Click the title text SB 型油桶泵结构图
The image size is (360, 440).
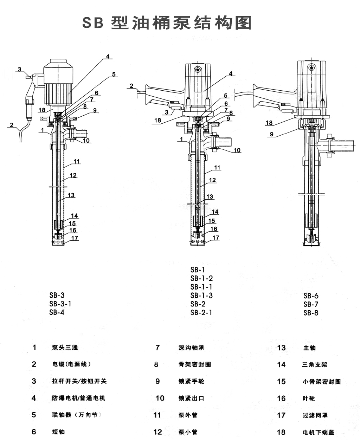pos(167,23)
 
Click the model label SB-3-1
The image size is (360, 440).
pos(60,304)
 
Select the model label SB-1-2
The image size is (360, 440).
pos(201,278)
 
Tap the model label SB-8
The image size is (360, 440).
pos(311,312)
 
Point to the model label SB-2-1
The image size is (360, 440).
pos(201,312)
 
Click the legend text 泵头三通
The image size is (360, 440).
pos(65,348)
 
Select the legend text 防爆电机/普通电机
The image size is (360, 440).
pos(78,398)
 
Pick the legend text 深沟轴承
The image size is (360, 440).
pos(191,348)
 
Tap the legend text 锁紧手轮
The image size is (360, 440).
pos(191,381)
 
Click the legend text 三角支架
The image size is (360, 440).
pos(314,365)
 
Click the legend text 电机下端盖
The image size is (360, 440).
pos(318,432)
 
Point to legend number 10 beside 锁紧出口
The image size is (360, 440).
pos(160,398)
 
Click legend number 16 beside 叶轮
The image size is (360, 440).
pos(281,398)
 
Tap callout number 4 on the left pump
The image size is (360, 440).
pos(108,56)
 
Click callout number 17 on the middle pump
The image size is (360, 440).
pos(216,238)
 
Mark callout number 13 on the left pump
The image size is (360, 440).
pos(71,195)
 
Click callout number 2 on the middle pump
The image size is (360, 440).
pos(131,85)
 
